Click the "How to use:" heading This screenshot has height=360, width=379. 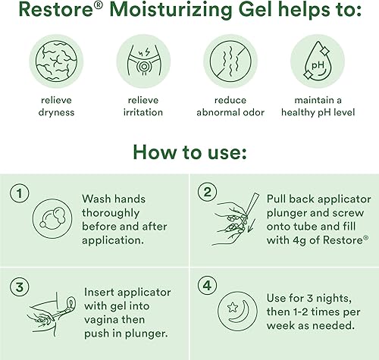(189, 154)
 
